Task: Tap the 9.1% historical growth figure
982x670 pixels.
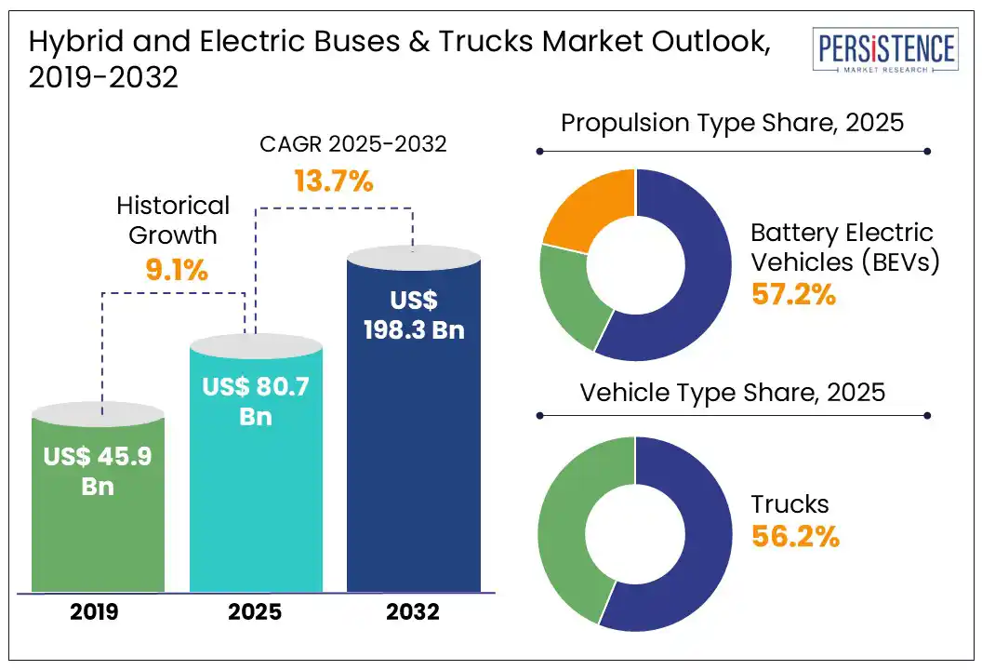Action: click(177, 271)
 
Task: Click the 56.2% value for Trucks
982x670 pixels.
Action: click(795, 537)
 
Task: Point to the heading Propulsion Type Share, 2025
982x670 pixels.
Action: click(733, 123)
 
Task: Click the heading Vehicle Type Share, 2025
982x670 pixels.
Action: click(733, 392)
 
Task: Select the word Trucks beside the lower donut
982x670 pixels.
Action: click(790, 504)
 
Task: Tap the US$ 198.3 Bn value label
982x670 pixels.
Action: click(414, 315)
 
